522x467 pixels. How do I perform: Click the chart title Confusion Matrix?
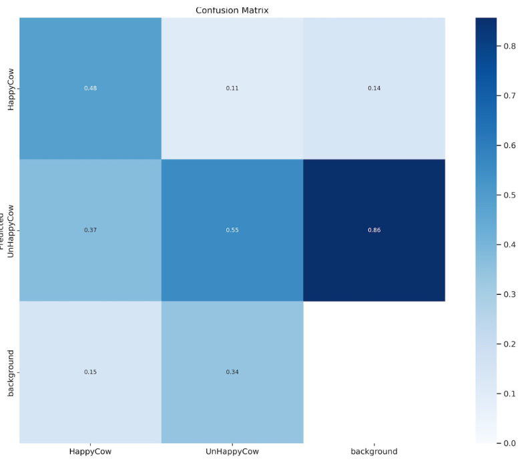[232, 10]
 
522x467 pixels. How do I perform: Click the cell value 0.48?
[90, 89]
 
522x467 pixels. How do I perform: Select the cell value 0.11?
[232, 89]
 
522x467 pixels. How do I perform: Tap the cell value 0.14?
[374, 89]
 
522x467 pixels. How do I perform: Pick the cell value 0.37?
[90, 230]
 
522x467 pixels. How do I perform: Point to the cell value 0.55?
[232, 230]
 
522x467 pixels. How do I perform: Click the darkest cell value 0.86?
[374, 230]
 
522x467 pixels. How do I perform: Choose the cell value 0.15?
[90, 372]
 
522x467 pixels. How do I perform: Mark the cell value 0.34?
[232, 372]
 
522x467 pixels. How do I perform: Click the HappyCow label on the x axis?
[90, 452]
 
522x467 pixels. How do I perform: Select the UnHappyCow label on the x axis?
[232, 452]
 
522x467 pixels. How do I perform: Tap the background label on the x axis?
[374, 452]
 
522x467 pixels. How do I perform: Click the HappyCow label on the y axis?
[11, 89]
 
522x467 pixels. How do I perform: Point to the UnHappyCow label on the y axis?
[11, 230]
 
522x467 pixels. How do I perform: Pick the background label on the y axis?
[11, 372]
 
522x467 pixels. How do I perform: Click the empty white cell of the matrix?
[374, 372]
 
